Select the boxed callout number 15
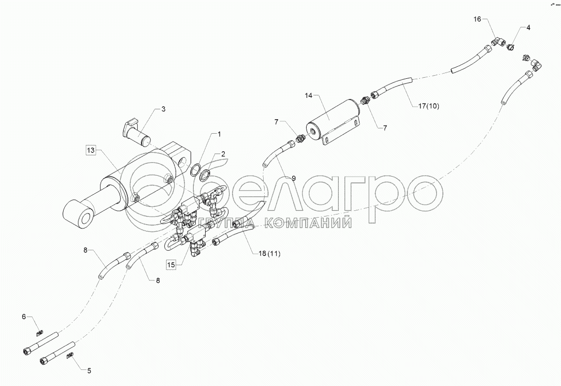coord(171,264)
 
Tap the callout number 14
coord(309,95)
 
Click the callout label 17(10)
coord(428,106)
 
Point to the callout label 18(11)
coord(269,253)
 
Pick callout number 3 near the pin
coord(163,109)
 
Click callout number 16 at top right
coord(477,19)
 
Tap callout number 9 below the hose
coord(293,178)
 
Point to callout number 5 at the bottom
coord(89,370)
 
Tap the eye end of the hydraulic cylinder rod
coord(76,213)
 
